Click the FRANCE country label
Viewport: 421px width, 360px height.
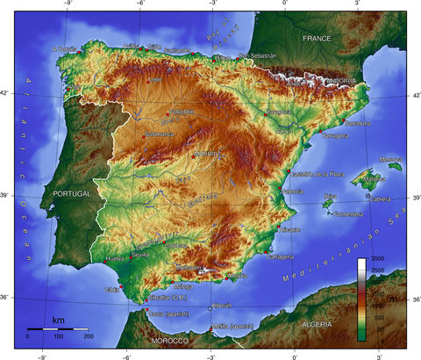click(316, 40)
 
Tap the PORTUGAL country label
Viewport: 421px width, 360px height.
click(72, 193)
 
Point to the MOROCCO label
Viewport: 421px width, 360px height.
click(169, 340)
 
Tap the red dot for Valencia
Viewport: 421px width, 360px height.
click(281, 189)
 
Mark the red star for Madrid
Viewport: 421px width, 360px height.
click(195, 156)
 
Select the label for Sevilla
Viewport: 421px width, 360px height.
click(140, 255)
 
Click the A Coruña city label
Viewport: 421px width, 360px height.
click(65, 49)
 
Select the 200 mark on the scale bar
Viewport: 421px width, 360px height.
click(87, 336)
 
